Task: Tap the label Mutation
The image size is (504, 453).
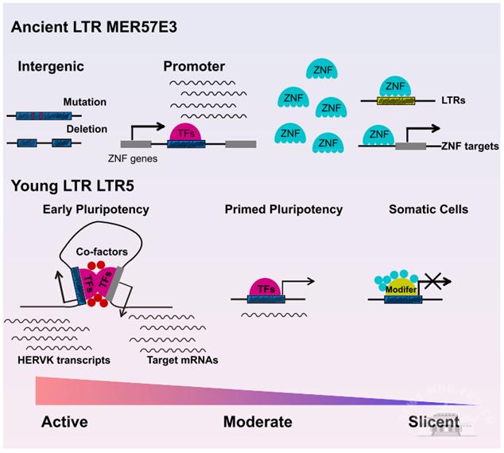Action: (85, 103)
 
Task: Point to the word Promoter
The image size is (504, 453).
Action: (194, 65)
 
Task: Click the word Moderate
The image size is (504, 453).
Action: (258, 421)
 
